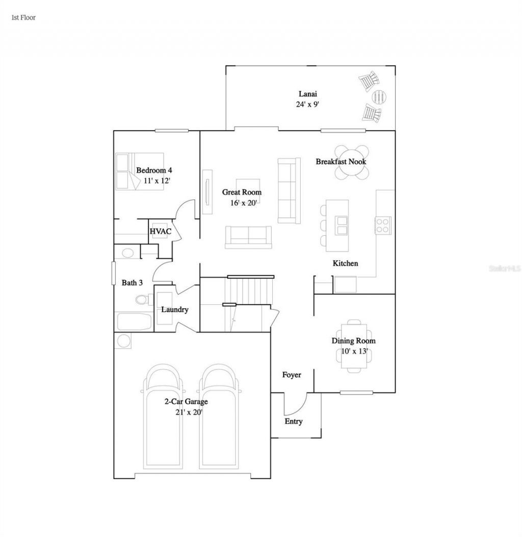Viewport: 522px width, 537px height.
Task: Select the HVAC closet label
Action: point(160,232)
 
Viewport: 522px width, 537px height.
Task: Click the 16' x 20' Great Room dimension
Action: point(242,202)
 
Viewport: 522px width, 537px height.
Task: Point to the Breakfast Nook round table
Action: point(352,162)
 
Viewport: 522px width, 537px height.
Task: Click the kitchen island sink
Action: point(341,224)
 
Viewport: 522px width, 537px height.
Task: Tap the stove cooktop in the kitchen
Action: point(383,224)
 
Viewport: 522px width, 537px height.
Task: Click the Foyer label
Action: point(292,375)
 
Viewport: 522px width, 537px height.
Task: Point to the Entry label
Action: point(293,422)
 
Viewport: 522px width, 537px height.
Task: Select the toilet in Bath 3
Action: point(142,299)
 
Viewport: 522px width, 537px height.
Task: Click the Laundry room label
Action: point(175,310)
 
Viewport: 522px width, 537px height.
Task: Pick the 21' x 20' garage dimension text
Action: point(186,412)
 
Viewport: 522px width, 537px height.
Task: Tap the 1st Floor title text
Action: point(23,17)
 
